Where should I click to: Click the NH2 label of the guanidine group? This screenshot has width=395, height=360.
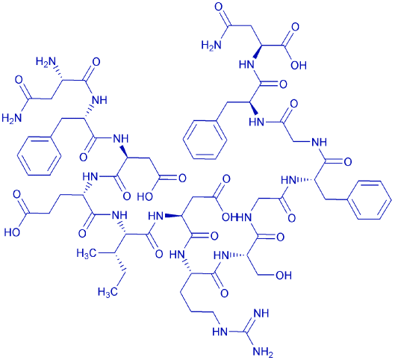coord(263,351)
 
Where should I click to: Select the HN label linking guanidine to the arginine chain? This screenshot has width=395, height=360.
coord(220,332)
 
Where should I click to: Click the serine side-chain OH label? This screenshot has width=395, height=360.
coord(284,276)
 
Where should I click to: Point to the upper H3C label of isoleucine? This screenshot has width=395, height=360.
coord(87,253)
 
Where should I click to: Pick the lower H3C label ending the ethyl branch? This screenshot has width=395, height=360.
coord(108,292)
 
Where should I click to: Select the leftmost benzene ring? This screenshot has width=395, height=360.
coord(39,155)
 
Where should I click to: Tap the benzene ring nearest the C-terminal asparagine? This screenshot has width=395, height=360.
coord(205,140)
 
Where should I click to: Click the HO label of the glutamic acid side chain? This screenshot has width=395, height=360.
coord(12,232)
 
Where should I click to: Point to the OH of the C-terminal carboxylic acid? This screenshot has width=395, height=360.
coord(299,65)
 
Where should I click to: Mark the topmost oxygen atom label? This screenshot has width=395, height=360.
coord(220,7)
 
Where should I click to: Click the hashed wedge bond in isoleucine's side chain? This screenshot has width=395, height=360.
coord(120,262)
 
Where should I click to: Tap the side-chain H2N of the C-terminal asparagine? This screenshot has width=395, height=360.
coord(211,46)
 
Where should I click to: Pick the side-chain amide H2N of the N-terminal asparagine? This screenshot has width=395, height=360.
coord(12,118)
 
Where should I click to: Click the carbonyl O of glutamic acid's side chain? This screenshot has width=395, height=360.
coord(17,195)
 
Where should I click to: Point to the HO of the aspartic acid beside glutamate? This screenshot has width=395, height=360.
coord(145,196)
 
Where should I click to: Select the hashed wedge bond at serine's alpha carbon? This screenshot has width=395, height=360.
coord(238,256)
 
